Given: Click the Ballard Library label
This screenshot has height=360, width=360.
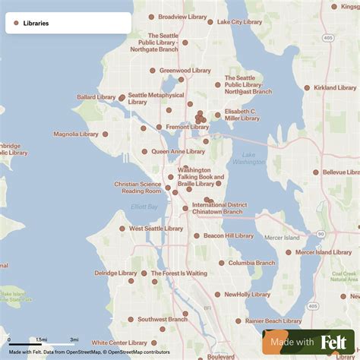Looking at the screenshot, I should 96,97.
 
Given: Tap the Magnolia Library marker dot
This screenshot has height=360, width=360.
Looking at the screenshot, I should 105,134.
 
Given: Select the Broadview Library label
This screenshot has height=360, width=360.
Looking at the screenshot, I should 183,17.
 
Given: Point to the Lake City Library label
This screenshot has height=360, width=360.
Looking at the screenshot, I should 240,22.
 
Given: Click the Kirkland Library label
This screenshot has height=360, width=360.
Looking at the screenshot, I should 335,88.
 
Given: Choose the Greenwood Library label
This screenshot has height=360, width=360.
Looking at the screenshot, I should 185,71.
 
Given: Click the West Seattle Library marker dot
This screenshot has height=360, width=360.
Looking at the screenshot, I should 122,228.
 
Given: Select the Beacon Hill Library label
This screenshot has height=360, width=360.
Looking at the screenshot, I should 229,235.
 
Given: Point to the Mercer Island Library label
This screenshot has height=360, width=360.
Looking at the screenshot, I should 324,252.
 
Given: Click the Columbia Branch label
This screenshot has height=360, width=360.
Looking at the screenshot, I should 251,263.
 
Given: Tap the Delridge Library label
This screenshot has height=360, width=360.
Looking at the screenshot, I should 115,273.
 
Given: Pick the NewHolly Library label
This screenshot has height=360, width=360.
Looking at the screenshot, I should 248,294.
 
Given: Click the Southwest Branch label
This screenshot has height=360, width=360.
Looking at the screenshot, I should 163,320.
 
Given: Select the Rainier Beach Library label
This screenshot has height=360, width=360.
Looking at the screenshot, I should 273,321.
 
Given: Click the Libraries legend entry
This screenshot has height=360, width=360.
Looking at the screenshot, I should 36,24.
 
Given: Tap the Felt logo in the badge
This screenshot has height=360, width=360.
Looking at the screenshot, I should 334,343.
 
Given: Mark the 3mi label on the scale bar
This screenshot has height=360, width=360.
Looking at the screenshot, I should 74,339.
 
